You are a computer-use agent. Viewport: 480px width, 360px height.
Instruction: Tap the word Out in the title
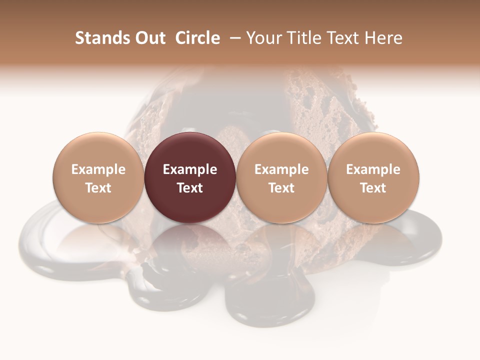[x=148, y=38]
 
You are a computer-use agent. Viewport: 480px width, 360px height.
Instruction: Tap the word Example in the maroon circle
[x=190, y=169]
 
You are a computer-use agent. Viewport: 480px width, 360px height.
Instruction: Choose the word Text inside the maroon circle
[x=190, y=188]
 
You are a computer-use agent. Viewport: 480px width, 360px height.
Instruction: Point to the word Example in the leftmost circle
[x=98, y=169]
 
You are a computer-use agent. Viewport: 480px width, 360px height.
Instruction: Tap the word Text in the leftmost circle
[x=98, y=188]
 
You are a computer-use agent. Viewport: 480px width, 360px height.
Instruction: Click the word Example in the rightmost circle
[x=373, y=169]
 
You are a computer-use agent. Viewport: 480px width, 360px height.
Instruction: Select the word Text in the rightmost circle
[x=373, y=188]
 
